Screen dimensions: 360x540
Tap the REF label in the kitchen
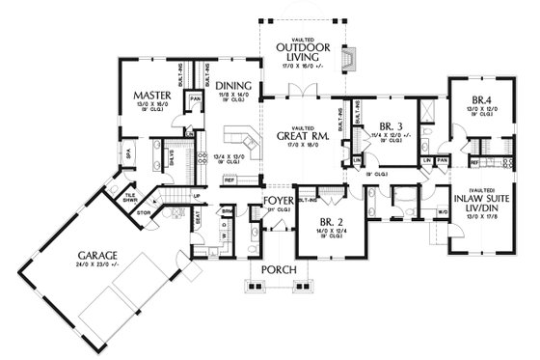coord(229,180)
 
